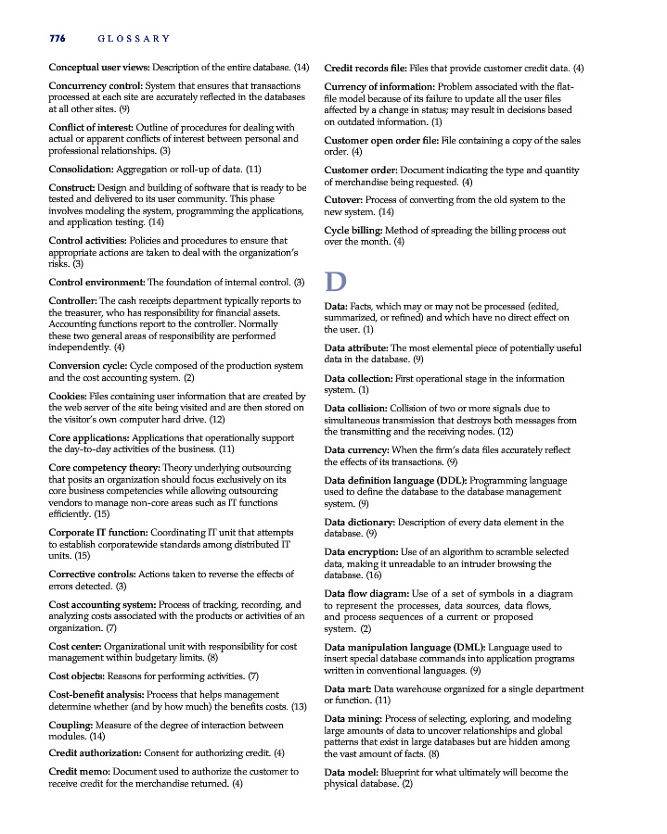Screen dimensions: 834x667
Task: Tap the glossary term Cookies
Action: point(68,397)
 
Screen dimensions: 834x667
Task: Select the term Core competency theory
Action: point(104,467)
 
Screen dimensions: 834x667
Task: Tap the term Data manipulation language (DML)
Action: point(404,647)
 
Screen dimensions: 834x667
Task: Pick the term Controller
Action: point(72,300)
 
